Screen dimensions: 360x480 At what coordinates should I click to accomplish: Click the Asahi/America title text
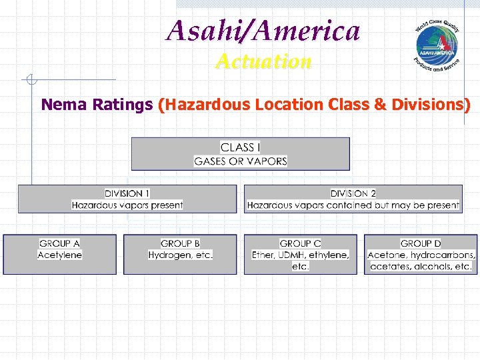click(263, 31)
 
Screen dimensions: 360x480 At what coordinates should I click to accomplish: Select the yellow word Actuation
click(263, 62)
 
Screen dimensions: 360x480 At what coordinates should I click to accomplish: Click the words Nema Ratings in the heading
click(97, 105)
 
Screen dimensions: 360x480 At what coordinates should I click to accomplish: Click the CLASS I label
click(240, 147)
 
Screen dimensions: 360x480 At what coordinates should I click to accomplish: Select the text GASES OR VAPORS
click(240, 161)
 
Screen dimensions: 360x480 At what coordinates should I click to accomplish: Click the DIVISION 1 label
click(127, 193)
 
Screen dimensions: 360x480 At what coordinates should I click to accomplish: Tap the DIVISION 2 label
click(353, 193)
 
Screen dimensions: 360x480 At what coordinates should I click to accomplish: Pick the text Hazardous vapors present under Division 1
click(127, 205)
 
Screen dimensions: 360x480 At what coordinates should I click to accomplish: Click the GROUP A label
click(59, 243)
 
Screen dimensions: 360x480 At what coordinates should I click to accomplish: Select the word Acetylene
click(59, 255)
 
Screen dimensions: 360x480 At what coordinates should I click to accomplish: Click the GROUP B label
click(180, 243)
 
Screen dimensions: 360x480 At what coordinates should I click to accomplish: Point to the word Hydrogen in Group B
click(170, 255)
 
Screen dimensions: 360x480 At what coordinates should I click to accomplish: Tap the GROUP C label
click(300, 243)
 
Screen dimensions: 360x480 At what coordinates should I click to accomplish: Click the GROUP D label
click(421, 243)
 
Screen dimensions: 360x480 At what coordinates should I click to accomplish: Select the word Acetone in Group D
click(386, 255)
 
